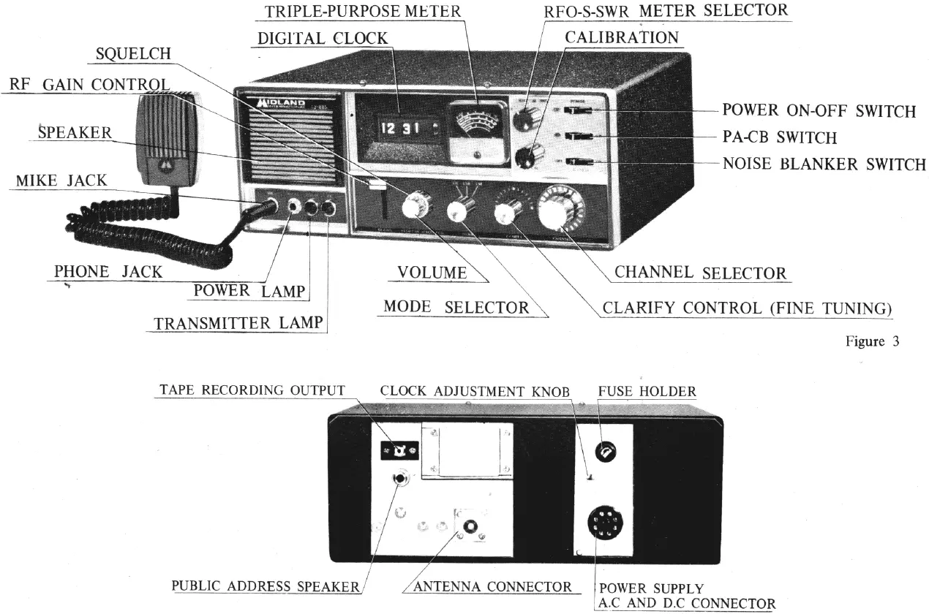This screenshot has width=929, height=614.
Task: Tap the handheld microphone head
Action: pos(165,135)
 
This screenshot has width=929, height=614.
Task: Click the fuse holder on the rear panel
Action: pos(606,452)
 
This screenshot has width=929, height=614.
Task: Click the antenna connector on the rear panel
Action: pos(468,526)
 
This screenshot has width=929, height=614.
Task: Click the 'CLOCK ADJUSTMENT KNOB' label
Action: pos(474,391)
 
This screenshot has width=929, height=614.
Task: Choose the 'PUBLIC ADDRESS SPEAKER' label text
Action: pos(266,586)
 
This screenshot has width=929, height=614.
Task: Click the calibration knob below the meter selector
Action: pos(528,156)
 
